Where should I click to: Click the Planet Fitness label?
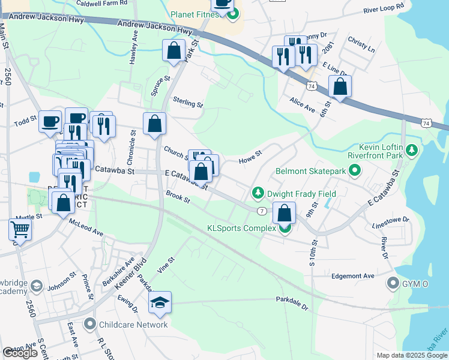point(195,14)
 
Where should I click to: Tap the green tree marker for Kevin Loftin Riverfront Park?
point(412,149)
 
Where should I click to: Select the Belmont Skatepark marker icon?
point(354,172)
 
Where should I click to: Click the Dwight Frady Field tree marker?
point(258,193)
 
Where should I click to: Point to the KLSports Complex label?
point(241,228)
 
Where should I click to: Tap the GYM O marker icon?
point(393,282)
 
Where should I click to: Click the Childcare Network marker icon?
point(90,325)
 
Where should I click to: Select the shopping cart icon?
point(20,230)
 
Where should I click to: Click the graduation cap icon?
point(160,304)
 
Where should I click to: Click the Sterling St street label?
point(188,103)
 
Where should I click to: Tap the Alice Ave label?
point(303,106)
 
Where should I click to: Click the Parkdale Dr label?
point(292,302)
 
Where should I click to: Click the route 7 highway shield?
point(262,211)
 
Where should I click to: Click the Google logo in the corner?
point(20,353)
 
